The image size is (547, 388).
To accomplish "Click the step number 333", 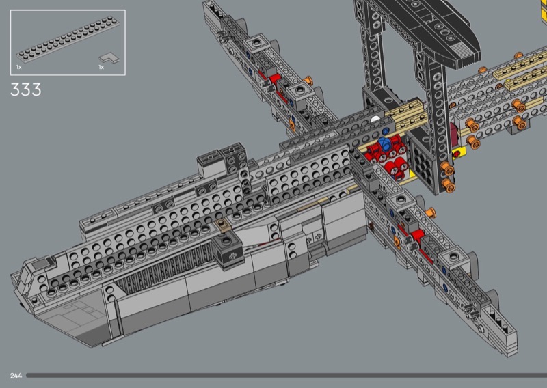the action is tap(26, 89).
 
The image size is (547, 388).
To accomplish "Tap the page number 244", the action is tap(16, 376).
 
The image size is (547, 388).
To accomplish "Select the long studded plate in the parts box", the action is tap(68, 39).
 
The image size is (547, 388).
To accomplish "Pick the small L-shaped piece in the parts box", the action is tap(109, 58).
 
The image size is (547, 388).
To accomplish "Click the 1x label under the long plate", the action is tap(19, 67).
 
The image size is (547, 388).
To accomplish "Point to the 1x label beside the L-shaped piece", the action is tap(101, 67).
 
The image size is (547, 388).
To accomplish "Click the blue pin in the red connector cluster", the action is tap(384, 143).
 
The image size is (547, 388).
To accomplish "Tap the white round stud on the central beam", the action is tap(375, 120).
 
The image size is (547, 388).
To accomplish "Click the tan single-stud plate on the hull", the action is tap(222, 225).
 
